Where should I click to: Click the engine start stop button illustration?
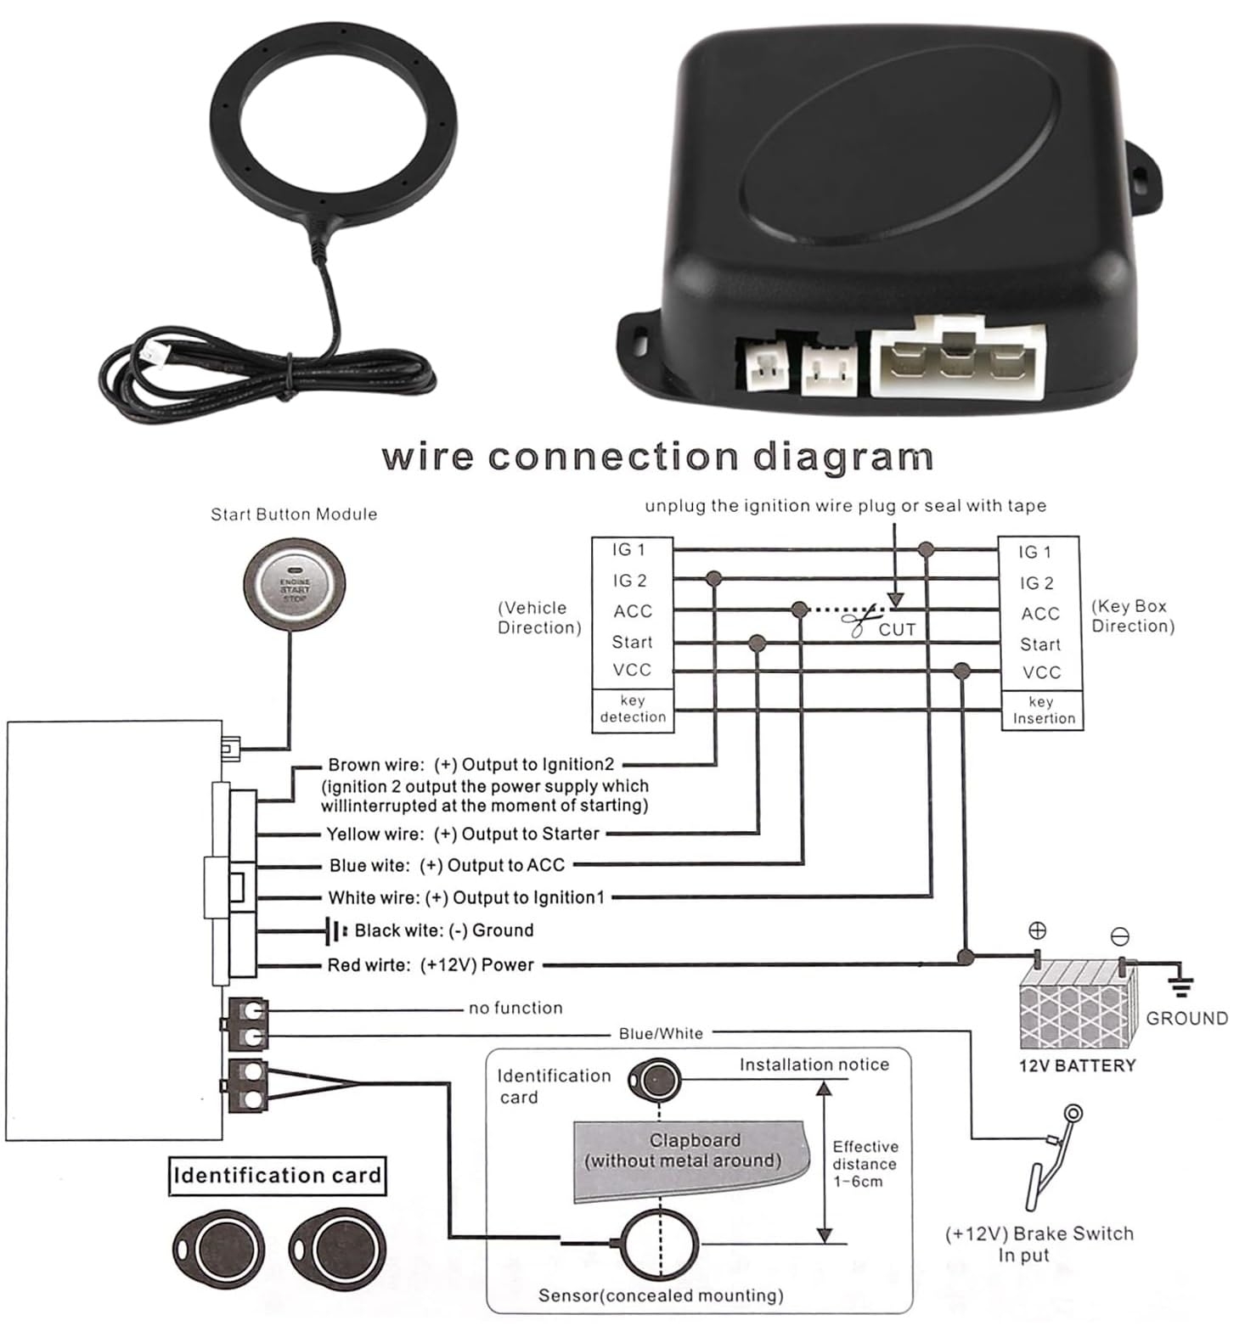pos(294,585)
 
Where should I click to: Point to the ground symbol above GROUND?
pos(1180,986)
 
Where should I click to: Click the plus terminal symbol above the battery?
pos(1037,930)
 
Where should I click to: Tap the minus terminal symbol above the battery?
pos(1120,936)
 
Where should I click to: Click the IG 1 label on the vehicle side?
pos(628,550)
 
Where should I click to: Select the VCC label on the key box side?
pos(1041,672)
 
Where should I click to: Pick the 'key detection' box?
pos(633,710)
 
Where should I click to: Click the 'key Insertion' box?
pos(1042,711)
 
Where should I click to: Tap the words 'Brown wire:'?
pos(375,765)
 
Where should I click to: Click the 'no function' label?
pos(515,1008)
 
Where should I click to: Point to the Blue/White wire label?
pos(661,1033)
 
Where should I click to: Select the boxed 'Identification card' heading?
pos(277,1176)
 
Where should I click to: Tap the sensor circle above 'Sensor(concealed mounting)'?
pos(661,1245)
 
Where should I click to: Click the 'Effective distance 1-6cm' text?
pos(864,1164)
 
